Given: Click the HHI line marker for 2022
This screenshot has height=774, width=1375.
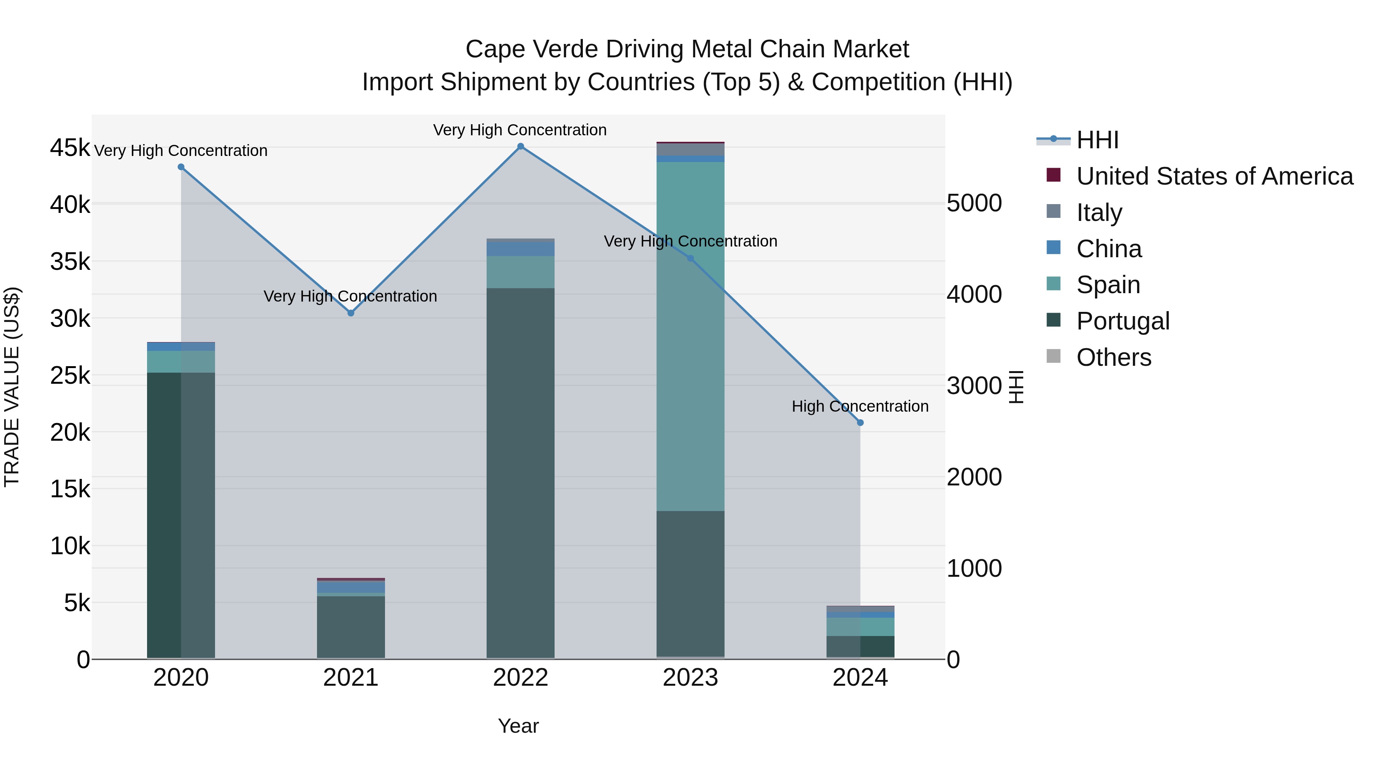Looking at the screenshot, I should pos(521,146).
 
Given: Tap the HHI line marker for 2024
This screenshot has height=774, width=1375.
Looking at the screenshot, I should pos(860,422).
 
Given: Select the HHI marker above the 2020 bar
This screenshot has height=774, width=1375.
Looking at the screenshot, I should pos(181,167).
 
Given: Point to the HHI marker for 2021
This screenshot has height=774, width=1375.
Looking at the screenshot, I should pos(351,313).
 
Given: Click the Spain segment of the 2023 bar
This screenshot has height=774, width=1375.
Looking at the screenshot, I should pos(690,336).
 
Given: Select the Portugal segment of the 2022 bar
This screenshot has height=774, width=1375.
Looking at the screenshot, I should pos(521,473).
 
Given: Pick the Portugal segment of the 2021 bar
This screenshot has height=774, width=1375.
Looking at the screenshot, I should pos(351,626).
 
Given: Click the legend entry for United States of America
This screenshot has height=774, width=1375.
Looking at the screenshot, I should pos(1214,176).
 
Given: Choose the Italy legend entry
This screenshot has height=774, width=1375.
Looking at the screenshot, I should pos(1099,213).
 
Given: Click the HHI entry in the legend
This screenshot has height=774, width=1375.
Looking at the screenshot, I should pos(1097,140).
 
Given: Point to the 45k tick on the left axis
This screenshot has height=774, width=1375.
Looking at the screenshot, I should pos(70,148).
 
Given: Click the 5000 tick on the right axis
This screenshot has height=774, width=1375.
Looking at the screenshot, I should pos(974,203).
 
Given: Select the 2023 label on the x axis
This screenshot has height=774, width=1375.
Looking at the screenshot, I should pos(690,678).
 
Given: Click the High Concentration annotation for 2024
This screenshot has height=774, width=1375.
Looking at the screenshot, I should pos(860,407).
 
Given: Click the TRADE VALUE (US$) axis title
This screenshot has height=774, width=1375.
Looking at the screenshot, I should pos(12,387).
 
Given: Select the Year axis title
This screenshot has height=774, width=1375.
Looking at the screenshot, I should pos(518,726).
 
